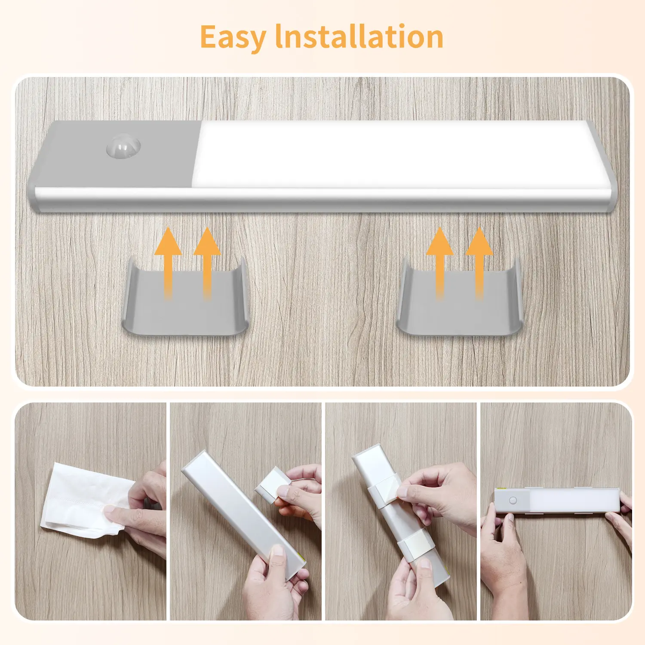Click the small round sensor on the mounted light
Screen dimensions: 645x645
coord(513,501)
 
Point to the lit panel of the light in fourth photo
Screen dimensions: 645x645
coord(574,501)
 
